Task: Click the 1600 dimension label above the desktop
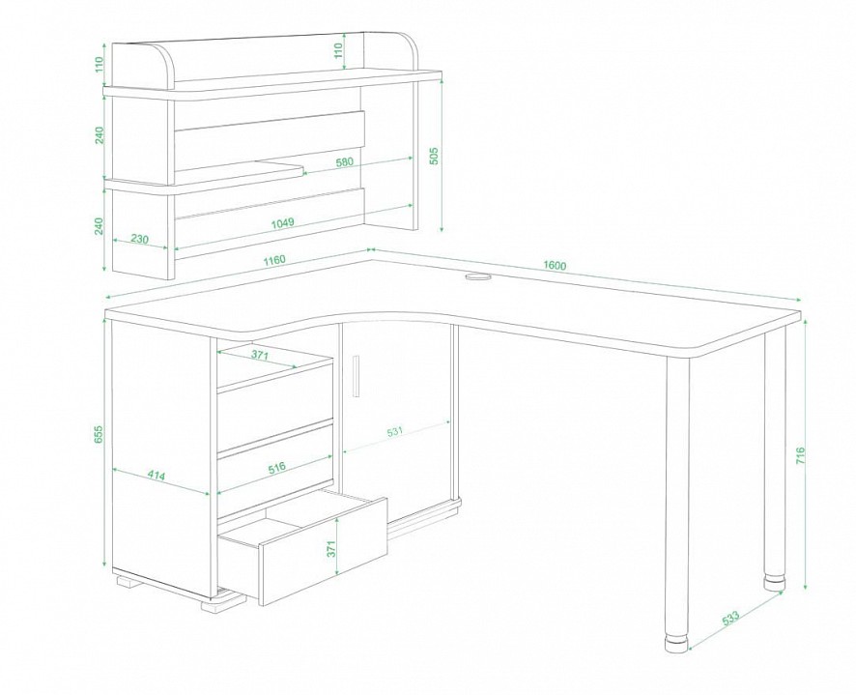pyautogui.click(x=555, y=266)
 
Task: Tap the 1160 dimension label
pyautogui.click(x=274, y=259)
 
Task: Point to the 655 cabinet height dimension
pyautogui.click(x=99, y=434)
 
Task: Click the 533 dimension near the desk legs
pyautogui.click(x=730, y=618)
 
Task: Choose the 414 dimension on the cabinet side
pyautogui.click(x=157, y=476)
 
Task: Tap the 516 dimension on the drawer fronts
pyautogui.click(x=276, y=468)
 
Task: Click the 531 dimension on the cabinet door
pyautogui.click(x=394, y=430)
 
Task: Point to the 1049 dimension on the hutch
pyautogui.click(x=283, y=222)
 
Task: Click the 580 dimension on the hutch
pyautogui.click(x=345, y=161)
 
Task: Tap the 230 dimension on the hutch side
pyautogui.click(x=140, y=239)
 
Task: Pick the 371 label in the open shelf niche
pyautogui.click(x=260, y=355)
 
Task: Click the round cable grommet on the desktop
pyautogui.click(x=478, y=278)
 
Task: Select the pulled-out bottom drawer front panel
pyautogui.click(x=325, y=552)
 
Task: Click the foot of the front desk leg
pyautogui.click(x=677, y=644)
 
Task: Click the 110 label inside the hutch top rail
pyautogui.click(x=338, y=51)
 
